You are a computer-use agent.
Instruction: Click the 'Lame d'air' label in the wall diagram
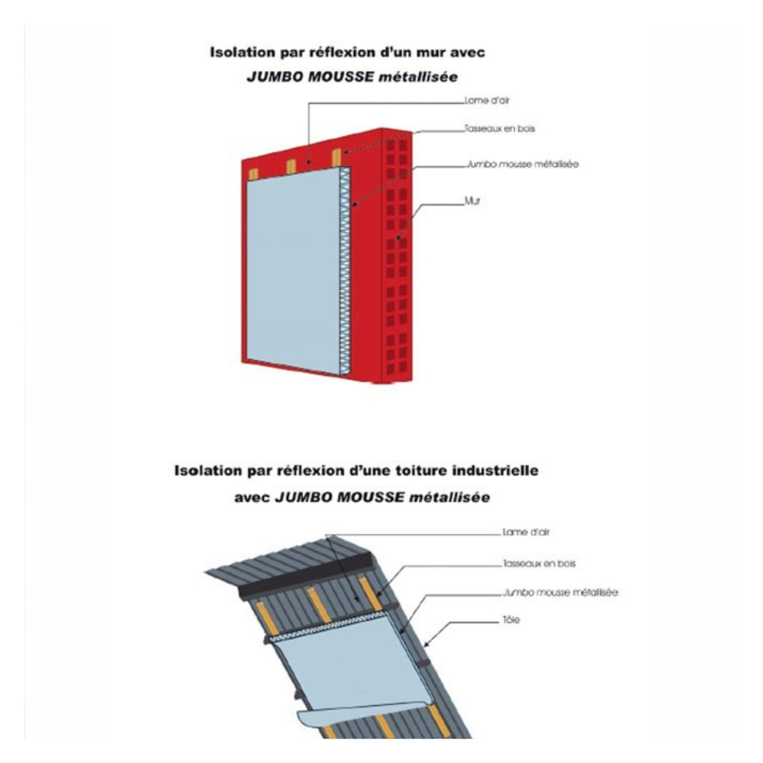click(487, 101)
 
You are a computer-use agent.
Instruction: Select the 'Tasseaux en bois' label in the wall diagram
click(499, 129)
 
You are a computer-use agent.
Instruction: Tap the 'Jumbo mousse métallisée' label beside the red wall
click(523, 164)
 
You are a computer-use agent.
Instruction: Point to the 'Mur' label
click(472, 201)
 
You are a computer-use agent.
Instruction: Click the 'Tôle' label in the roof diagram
click(511, 620)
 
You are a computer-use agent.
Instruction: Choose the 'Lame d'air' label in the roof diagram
click(526, 533)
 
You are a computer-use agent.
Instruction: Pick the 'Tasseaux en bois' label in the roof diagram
click(539, 564)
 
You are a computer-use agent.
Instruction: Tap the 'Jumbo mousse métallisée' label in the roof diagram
click(561, 593)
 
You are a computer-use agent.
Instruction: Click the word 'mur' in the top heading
click(428, 53)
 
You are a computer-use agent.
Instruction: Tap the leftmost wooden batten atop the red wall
click(253, 174)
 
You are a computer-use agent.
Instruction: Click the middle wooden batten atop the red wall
click(291, 166)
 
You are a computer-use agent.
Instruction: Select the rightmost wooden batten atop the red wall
click(336, 157)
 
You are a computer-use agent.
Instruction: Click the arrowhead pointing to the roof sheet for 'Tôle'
click(427, 644)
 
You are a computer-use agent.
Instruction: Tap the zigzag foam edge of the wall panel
click(345, 271)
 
